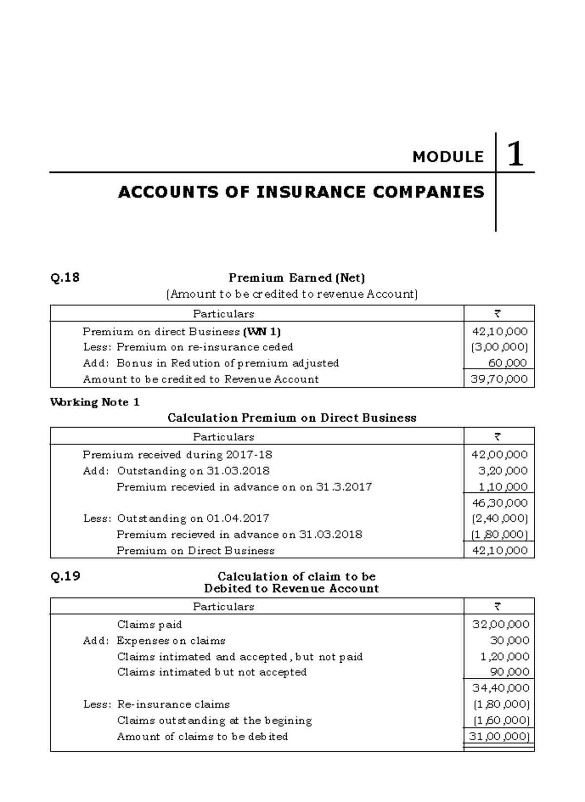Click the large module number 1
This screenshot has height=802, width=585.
pyautogui.click(x=515, y=154)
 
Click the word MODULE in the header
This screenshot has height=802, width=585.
pyautogui.click(x=448, y=157)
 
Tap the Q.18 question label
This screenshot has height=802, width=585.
pyautogui.click(x=65, y=278)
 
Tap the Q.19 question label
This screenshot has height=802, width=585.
pyautogui.click(x=65, y=576)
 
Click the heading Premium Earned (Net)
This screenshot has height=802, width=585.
pyautogui.click(x=297, y=278)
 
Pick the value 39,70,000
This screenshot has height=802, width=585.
pyautogui.click(x=499, y=379)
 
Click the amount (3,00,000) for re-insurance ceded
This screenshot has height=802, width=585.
pyautogui.click(x=499, y=347)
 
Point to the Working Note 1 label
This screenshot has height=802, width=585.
pyautogui.click(x=95, y=402)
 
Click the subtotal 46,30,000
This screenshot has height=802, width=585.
pyautogui.click(x=499, y=502)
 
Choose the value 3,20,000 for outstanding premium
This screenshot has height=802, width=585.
pyautogui.click(x=502, y=471)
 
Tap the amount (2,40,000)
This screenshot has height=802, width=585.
pyautogui.click(x=499, y=518)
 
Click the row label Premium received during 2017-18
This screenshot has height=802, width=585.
pyautogui.click(x=177, y=455)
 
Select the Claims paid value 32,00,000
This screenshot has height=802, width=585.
pyautogui.click(x=501, y=624)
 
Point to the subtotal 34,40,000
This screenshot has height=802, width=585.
pyautogui.click(x=501, y=688)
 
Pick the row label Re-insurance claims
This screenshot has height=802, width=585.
pyautogui.click(x=173, y=705)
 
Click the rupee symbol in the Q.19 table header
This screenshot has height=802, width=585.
pyautogui.click(x=498, y=607)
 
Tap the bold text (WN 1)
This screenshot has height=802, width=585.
pyautogui.click(x=262, y=332)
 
